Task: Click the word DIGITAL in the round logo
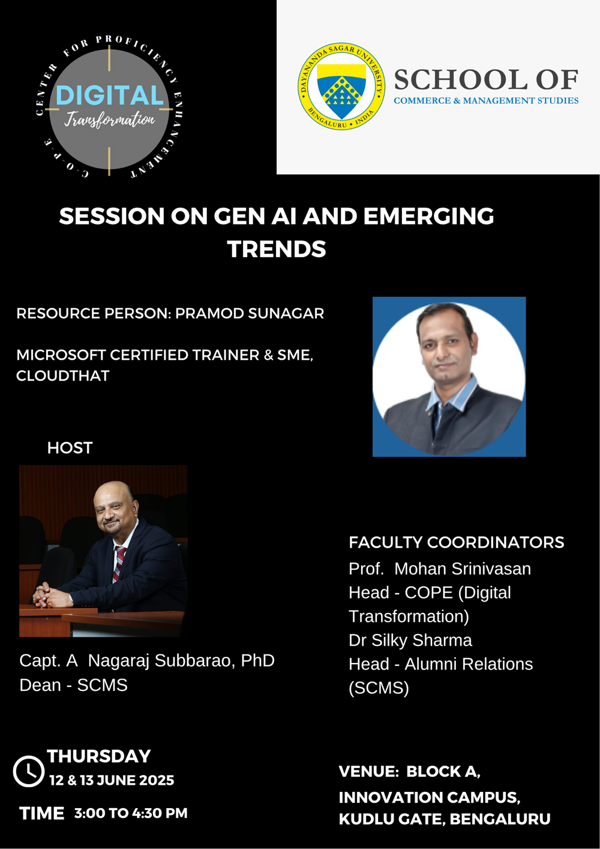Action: pyautogui.click(x=109, y=95)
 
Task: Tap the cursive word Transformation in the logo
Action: pyautogui.click(x=109, y=119)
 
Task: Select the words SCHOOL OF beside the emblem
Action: pyautogui.click(x=486, y=80)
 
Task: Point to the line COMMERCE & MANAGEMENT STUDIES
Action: pyautogui.click(x=486, y=101)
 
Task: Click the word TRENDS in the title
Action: pyautogui.click(x=277, y=249)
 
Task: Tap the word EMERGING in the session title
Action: pyautogui.click(x=428, y=216)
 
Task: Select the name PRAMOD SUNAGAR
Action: pyautogui.click(x=250, y=313)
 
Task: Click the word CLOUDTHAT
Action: pyautogui.click(x=63, y=376)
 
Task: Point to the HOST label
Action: pyautogui.click(x=70, y=448)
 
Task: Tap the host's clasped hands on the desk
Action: pyautogui.click(x=47, y=596)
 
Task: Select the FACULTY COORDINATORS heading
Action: pyautogui.click(x=457, y=542)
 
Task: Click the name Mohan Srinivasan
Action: pyautogui.click(x=463, y=569)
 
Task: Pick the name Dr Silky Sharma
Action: pyautogui.click(x=410, y=640)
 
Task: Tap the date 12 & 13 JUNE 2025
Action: pyautogui.click(x=112, y=781)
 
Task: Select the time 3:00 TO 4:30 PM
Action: pyautogui.click(x=131, y=813)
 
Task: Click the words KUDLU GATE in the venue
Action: pyautogui.click(x=392, y=820)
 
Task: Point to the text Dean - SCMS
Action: pyautogui.click(x=73, y=685)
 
